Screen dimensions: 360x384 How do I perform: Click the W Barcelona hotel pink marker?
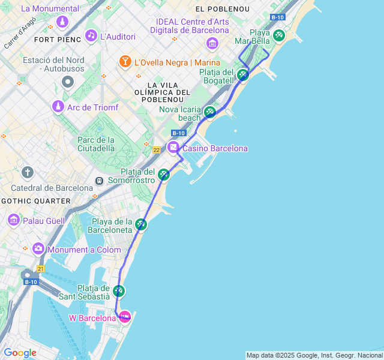click(x=125, y=316)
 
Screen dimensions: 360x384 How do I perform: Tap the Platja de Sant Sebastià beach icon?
click(x=119, y=291)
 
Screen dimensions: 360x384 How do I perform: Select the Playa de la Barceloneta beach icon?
click(x=141, y=224)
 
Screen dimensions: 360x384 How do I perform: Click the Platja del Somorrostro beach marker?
click(x=164, y=175)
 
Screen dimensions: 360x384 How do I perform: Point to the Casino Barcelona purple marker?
click(x=173, y=147)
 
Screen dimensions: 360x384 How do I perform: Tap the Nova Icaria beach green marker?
click(x=209, y=112)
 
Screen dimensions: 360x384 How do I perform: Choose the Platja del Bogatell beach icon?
click(x=242, y=75)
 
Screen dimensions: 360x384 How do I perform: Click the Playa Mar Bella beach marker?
click(x=278, y=35)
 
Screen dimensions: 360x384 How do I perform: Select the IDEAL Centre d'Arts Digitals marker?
click(x=212, y=43)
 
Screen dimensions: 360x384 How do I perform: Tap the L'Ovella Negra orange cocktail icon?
click(x=125, y=61)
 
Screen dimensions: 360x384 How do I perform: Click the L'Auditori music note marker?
click(x=91, y=35)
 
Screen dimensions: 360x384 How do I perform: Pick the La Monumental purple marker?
click(x=62, y=22)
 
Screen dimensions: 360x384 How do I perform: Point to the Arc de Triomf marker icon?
click(x=58, y=106)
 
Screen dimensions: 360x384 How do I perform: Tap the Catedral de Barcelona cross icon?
click(x=27, y=173)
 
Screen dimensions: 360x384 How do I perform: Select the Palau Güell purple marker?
click(x=13, y=220)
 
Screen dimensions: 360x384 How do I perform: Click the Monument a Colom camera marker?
click(x=38, y=248)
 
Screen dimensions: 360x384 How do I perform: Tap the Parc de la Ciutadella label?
click(x=95, y=144)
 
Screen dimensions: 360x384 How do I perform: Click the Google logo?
click(x=20, y=353)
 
